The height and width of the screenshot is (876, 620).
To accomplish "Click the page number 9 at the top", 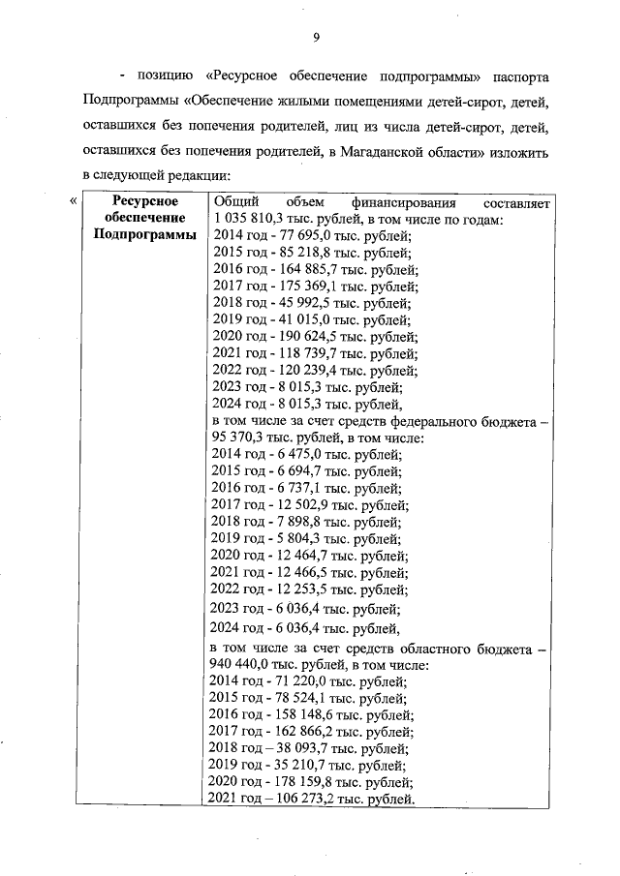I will (316, 38).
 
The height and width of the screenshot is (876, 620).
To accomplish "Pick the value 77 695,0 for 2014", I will (301, 235).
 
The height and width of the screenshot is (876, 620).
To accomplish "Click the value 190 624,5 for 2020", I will (305, 336).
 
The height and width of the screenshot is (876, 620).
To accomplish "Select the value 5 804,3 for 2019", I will (294, 538).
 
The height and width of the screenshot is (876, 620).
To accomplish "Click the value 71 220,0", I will (298, 681).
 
